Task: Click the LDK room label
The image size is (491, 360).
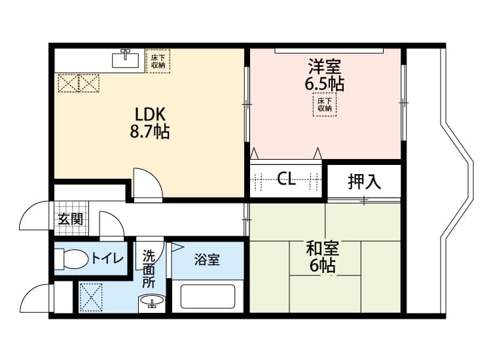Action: [x=151, y=113]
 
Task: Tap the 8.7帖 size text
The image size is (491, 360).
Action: [x=151, y=132]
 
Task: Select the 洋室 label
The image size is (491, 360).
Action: [x=324, y=67]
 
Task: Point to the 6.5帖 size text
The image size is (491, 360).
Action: [x=324, y=84]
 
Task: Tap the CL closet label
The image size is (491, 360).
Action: [x=286, y=179]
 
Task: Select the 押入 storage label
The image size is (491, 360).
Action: [x=364, y=181]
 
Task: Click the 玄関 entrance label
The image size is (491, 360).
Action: [x=70, y=219]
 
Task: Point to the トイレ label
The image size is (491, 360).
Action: [x=107, y=259]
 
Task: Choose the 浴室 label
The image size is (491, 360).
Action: [x=207, y=260]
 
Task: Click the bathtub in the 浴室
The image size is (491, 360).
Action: [x=208, y=297]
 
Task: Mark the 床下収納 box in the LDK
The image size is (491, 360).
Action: [x=158, y=61]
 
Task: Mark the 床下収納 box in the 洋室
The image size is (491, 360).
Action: [x=325, y=105]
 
